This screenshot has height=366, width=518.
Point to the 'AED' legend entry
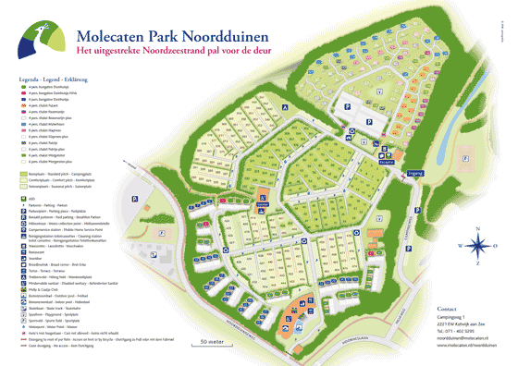pos(32,197)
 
